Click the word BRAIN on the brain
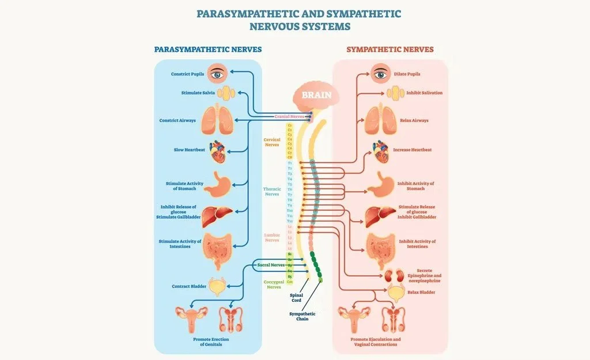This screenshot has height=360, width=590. (317, 94)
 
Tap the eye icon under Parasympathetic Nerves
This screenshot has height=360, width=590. (217, 73)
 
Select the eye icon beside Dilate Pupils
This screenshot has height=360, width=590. (380, 74)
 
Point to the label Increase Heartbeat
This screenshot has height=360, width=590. (412, 150)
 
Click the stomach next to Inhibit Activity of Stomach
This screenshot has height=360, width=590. (380, 184)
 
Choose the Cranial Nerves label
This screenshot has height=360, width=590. (289, 116)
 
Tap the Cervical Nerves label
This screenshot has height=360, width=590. (271, 142)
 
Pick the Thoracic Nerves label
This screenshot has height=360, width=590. (272, 191)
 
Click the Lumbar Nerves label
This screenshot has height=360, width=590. (272, 237)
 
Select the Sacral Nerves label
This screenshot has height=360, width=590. (271, 265)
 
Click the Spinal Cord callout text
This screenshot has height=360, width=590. (296, 297)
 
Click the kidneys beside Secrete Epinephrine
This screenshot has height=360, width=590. (394, 275)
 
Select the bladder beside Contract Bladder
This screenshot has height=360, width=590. (217, 286)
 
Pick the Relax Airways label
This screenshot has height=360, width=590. (414, 121)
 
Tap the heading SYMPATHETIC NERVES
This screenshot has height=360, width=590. (389, 50)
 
